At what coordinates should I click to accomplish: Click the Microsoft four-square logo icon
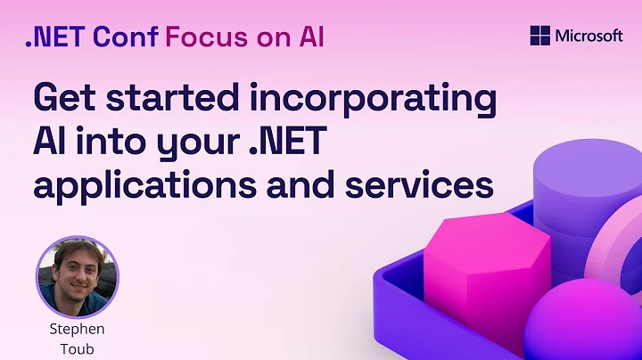click(x=540, y=36)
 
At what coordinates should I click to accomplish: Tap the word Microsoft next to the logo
click(x=588, y=36)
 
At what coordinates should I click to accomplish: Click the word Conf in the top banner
click(x=128, y=37)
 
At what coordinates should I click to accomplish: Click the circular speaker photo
click(x=78, y=277)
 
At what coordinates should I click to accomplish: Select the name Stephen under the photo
click(x=78, y=329)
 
